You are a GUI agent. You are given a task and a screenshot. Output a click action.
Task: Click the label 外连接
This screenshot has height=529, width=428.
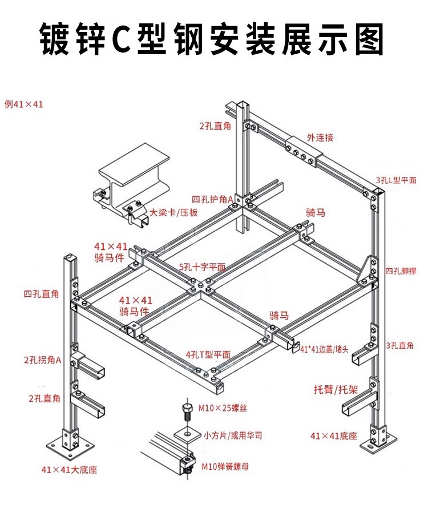320,138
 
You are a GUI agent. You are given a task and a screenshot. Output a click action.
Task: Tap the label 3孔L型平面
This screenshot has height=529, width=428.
396,180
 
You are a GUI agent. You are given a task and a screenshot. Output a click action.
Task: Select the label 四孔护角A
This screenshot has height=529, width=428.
212,200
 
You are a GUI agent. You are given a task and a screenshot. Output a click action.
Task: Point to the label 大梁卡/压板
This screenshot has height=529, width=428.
173,213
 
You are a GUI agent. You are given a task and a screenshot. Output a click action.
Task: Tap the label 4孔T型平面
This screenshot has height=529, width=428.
208,354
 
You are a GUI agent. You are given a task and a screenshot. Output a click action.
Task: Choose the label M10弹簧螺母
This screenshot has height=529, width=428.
225,466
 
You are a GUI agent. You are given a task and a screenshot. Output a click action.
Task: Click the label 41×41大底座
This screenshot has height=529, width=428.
70,470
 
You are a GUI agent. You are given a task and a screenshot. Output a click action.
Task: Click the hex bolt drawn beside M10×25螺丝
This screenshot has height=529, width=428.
187,411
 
